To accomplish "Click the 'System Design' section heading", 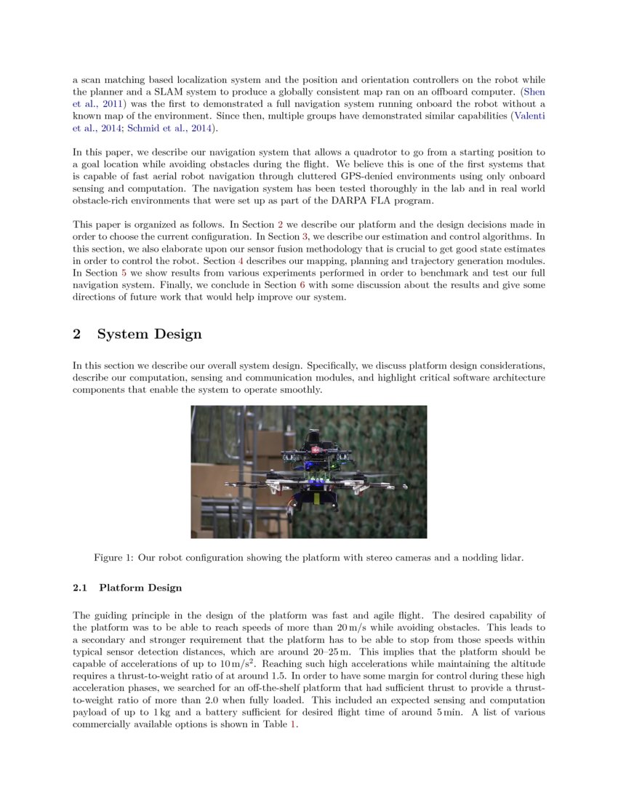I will pos(149,335).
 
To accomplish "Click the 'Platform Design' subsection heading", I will pos(140,588).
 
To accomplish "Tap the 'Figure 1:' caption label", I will pos(115,558).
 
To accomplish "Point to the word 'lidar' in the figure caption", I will pos(510,558).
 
